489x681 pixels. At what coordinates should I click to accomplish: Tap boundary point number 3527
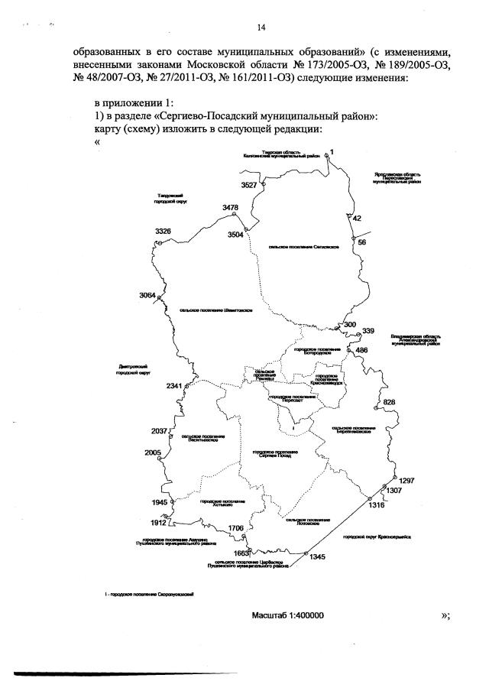click(x=250, y=185)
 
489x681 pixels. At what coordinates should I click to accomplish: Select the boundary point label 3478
click(x=231, y=208)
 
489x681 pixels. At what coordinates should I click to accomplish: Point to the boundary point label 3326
click(x=163, y=231)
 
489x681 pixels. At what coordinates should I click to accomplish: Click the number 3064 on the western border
click(x=147, y=295)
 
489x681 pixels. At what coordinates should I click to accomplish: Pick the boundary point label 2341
click(x=174, y=386)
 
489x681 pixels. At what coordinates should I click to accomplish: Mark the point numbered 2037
click(x=159, y=431)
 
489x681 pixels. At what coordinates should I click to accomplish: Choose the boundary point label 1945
click(x=159, y=502)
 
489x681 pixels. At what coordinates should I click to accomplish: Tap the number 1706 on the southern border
click(x=236, y=528)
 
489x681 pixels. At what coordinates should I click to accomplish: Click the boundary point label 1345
click(x=318, y=556)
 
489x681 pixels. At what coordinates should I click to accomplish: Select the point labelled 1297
click(x=406, y=480)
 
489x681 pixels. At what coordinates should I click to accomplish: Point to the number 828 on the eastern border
click(x=389, y=402)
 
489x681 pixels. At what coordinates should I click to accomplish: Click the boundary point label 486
click(x=361, y=350)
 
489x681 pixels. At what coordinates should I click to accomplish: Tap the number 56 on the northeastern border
click(x=362, y=242)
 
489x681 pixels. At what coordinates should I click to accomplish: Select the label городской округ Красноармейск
click(x=377, y=537)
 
